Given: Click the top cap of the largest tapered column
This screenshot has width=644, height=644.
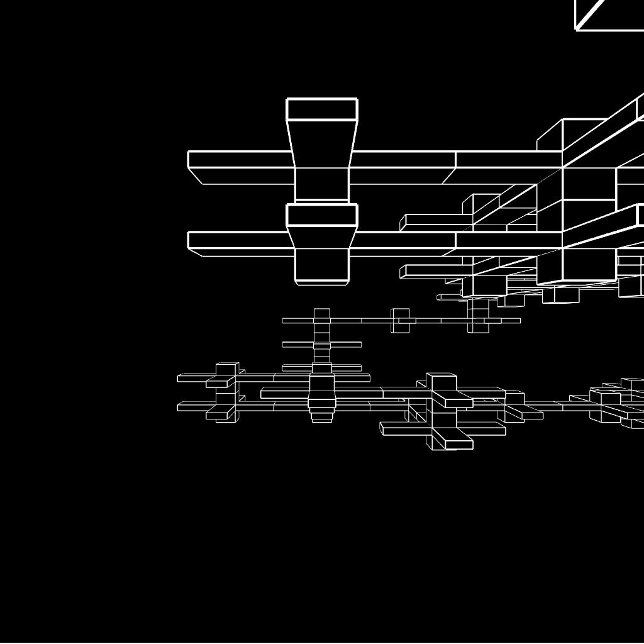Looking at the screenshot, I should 322,109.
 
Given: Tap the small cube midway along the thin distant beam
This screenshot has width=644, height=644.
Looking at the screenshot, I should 400,320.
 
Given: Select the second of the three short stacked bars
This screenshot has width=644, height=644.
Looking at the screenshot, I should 321,345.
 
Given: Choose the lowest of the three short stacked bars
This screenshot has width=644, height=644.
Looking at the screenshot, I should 321,367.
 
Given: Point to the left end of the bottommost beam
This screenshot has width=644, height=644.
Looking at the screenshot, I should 182,407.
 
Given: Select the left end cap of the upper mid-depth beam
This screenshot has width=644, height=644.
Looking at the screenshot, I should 402,223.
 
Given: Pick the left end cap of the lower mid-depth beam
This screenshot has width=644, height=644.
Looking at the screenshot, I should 402,272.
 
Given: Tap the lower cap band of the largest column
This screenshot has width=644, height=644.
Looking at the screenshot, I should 322,215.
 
